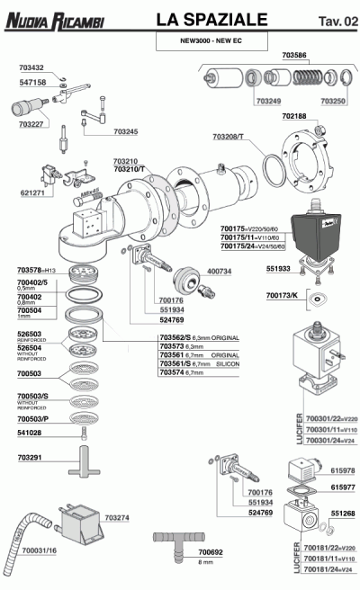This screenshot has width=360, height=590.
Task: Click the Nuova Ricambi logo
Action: [55, 19]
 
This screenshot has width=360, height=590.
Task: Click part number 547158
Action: [31, 81]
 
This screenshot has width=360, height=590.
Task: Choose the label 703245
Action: [126, 132]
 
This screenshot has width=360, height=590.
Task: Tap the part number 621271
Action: [32, 192]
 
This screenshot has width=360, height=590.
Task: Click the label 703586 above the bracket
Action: [300, 56]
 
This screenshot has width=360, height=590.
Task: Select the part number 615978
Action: [343, 470]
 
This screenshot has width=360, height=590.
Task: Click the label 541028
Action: [30, 434]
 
